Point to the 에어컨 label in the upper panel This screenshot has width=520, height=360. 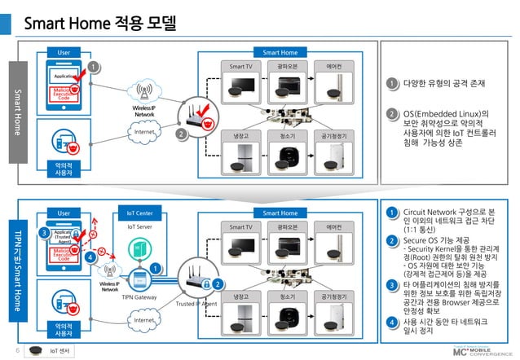[333, 65]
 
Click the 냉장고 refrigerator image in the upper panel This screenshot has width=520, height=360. [242, 156]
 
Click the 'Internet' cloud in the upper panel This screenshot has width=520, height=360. [144, 132]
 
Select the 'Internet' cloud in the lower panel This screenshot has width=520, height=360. [144, 322]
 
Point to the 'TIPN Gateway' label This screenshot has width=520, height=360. [139, 298]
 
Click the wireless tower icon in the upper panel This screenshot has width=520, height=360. [145, 92]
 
